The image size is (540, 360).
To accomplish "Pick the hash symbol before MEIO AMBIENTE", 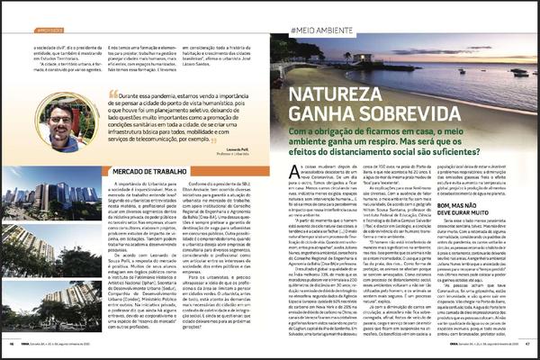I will tap(294, 31).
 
